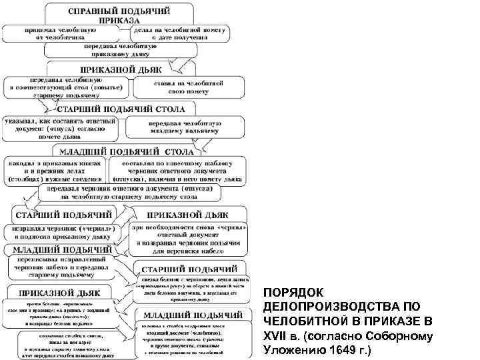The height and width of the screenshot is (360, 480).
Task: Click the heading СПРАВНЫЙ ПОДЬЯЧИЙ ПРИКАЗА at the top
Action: (x=119, y=15)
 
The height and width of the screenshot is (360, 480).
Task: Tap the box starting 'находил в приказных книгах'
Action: (x=55, y=170)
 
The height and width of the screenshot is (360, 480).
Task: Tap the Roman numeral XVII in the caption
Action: (x=275, y=335)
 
